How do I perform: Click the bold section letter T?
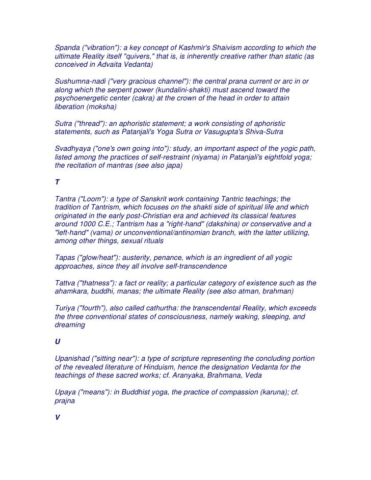coord(57,182)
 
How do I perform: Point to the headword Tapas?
coord(66,258)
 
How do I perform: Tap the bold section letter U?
coord(57,342)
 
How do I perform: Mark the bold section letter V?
coord(57,417)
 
